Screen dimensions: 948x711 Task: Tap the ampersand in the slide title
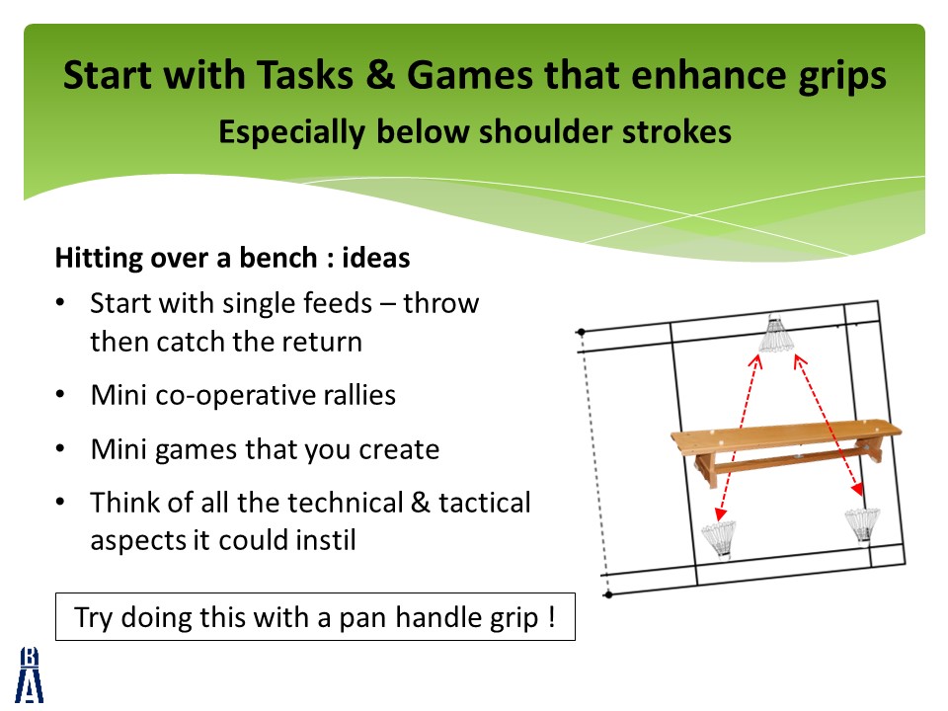tap(379, 76)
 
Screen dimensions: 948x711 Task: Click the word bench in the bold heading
tap(278, 258)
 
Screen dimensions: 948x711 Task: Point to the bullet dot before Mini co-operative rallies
tap(60, 395)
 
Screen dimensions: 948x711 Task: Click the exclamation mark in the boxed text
tap(551, 616)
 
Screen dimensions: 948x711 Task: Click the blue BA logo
tap(29, 674)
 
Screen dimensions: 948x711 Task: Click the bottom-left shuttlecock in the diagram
tap(720, 539)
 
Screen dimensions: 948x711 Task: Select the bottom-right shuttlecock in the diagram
tap(863, 526)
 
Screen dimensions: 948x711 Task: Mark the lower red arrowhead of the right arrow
tap(857, 489)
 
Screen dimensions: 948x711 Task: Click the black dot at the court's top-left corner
tap(582, 332)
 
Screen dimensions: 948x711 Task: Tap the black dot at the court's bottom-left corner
tap(608, 594)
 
